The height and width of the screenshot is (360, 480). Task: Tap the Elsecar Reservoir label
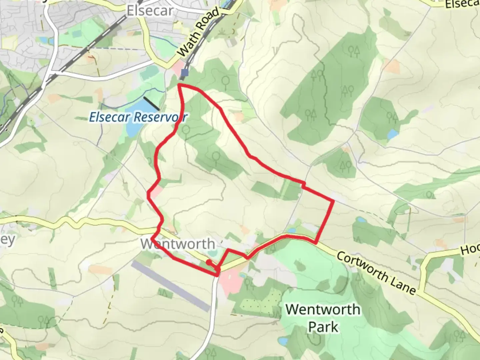tap(138, 117)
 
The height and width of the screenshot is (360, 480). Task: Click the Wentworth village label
tap(178, 244)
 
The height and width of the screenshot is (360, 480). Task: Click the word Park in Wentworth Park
tap(323, 327)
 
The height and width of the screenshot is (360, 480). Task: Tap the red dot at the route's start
tap(208, 262)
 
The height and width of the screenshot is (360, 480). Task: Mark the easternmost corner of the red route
tap(333, 201)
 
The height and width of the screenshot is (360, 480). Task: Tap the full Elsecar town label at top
tap(150, 11)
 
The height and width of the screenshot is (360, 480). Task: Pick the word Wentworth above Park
tap(323, 310)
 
